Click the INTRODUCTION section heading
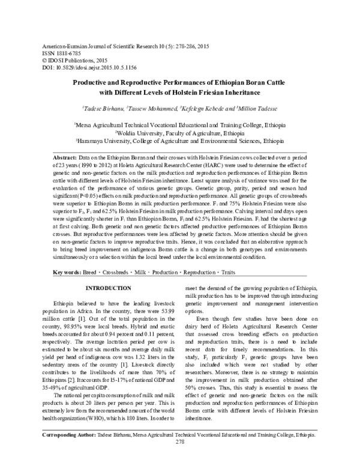click(x=104, y=288)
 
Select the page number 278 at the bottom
click(x=179, y=458)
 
